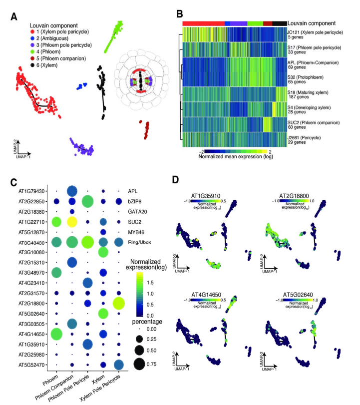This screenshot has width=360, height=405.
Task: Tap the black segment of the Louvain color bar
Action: pos(279,23)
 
